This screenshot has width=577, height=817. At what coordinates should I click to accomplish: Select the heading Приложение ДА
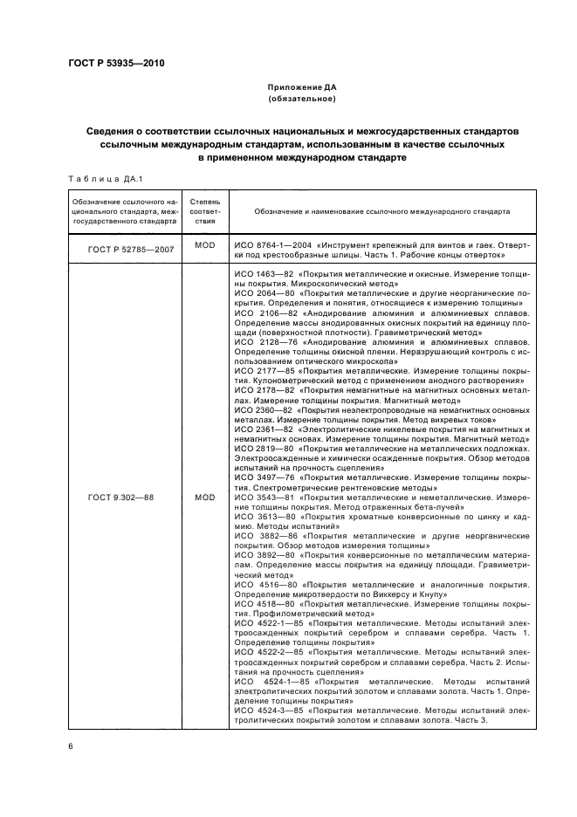301,88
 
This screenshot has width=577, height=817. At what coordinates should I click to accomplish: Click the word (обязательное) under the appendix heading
301,100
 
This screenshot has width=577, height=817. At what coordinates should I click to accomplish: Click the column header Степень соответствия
205,211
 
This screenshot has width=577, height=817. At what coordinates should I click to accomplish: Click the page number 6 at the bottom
71,747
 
